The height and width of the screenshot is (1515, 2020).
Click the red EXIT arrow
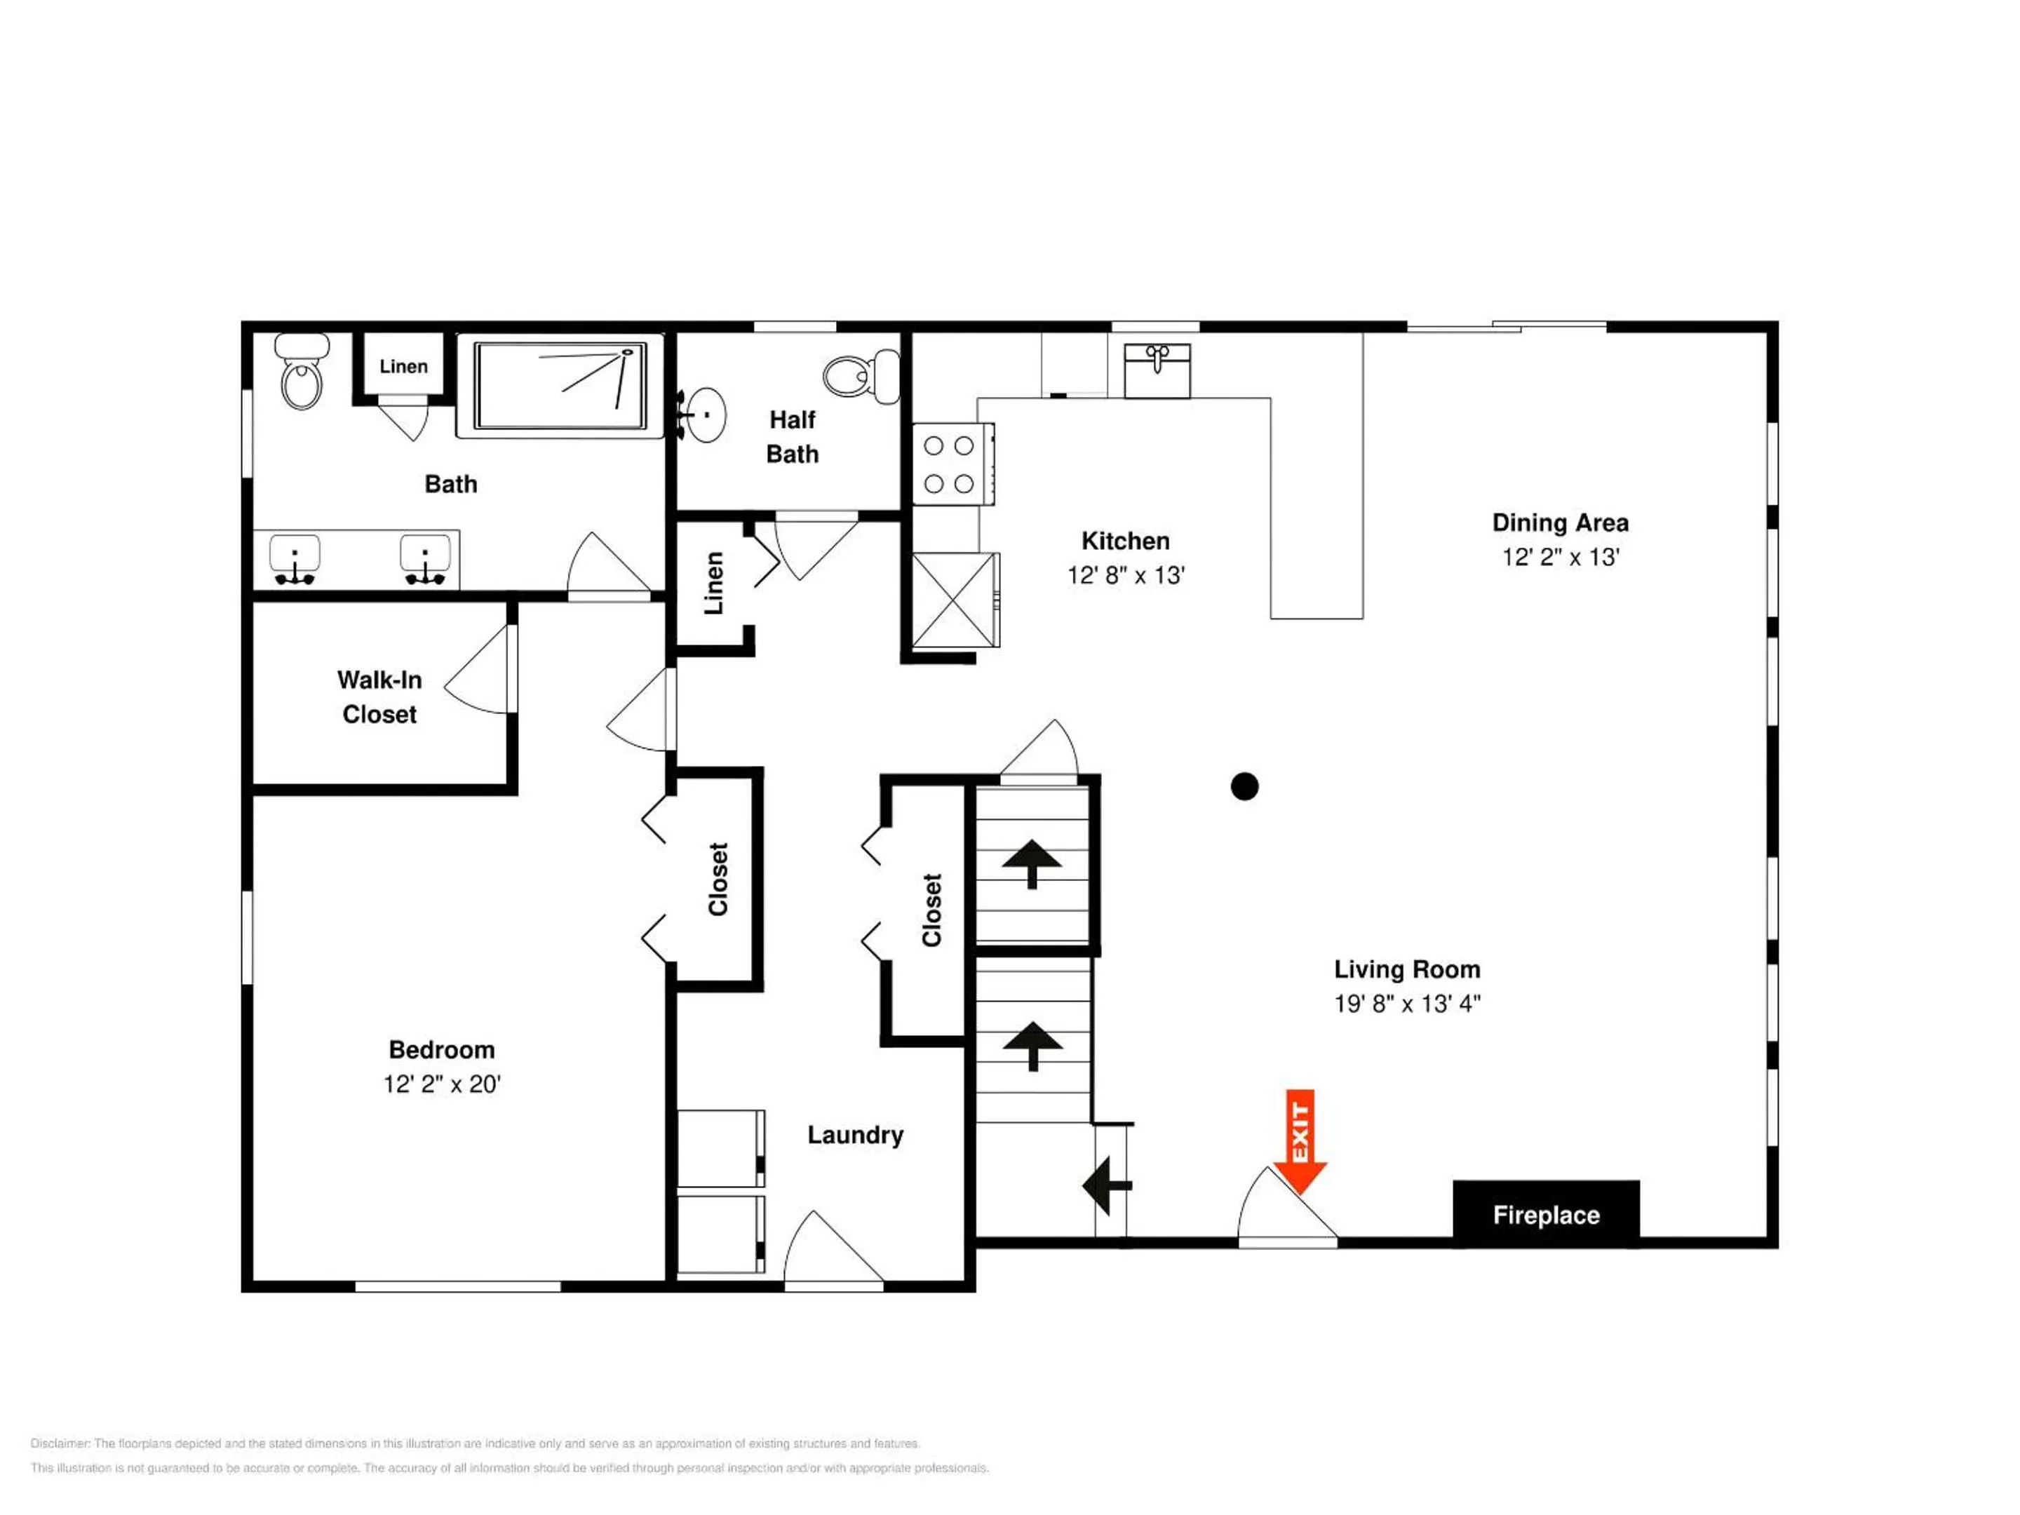coord(1300,1141)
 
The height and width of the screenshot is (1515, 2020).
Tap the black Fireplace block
coord(1546,1215)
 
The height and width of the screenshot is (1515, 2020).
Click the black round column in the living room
coord(1245,786)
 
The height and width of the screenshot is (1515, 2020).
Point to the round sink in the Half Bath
coord(704,415)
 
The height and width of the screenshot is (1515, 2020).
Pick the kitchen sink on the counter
coord(1157,371)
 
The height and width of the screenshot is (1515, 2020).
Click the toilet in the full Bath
coord(302,372)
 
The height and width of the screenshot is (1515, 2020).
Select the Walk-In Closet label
coord(380,696)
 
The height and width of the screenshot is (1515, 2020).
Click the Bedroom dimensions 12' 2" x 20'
coord(442,1084)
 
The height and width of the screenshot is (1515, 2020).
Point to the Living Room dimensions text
coord(1407,1004)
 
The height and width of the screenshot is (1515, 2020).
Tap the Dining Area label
coord(1561,523)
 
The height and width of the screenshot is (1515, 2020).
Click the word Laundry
coord(856,1135)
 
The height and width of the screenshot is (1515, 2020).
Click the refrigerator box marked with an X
coord(955,600)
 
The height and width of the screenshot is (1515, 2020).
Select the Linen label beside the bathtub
coord(403,366)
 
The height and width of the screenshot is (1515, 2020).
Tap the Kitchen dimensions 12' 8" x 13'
coord(1126,575)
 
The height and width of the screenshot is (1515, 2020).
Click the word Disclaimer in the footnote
coord(60,1443)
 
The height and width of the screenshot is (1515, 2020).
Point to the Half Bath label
coord(793,436)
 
